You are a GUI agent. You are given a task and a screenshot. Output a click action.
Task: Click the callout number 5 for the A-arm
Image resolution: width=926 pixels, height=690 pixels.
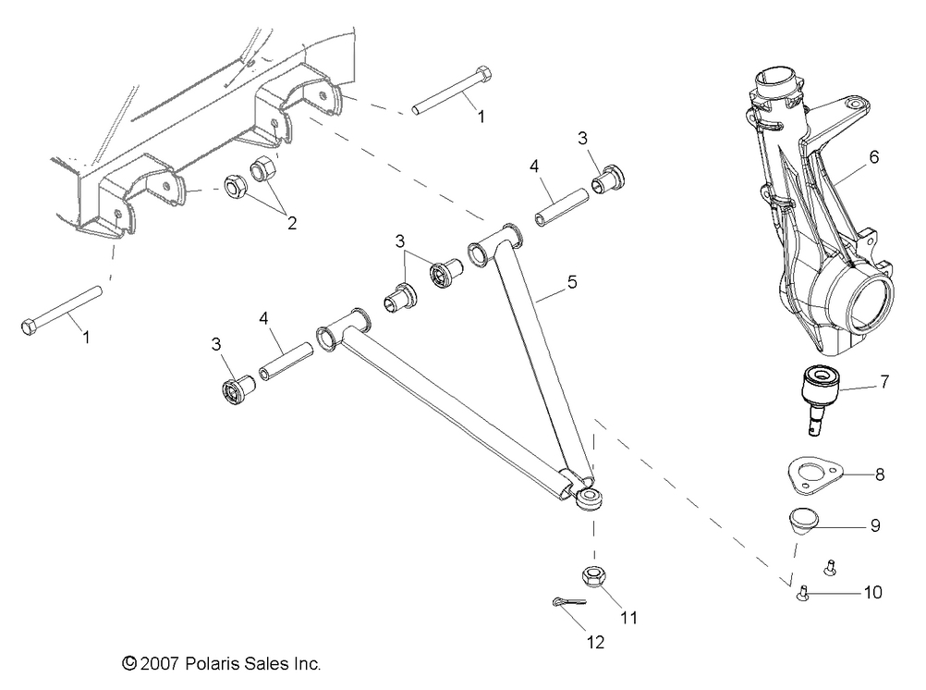572,282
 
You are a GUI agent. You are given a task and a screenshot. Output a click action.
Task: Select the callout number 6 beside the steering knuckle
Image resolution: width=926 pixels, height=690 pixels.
873,156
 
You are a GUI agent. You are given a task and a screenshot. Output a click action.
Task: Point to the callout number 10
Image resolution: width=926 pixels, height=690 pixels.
872,592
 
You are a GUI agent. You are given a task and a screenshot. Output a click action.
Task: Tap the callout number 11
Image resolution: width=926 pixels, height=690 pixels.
628,616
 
